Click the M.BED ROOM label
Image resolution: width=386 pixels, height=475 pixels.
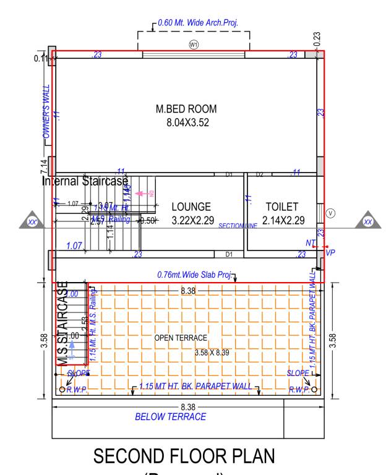(x=186, y=109)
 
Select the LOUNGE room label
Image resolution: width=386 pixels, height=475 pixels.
(x=191, y=207)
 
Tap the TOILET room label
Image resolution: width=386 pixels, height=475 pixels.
(x=282, y=207)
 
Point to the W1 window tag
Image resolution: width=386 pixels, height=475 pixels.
(x=194, y=45)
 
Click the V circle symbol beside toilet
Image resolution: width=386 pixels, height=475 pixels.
(x=330, y=213)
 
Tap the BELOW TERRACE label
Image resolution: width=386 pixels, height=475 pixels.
(x=171, y=417)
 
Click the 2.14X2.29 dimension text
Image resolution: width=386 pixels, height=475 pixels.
(x=282, y=220)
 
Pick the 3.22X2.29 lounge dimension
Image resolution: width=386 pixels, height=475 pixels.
(x=191, y=220)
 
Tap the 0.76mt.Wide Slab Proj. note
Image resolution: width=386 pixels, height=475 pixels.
(x=193, y=275)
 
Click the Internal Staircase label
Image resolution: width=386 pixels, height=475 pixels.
(x=85, y=182)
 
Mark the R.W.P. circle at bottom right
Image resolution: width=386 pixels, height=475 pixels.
(x=314, y=389)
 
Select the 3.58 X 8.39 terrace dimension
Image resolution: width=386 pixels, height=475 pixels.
(x=212, y=353)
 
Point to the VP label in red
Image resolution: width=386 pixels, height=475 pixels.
(x=330, y=253)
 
